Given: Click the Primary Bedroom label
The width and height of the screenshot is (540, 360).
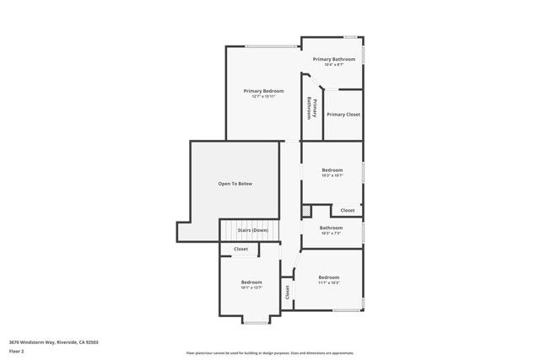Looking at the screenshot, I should pyautogui.click(x=263, y=90).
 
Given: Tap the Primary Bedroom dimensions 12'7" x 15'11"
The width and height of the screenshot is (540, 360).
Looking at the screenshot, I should pyautogui.click(x=263, y=97).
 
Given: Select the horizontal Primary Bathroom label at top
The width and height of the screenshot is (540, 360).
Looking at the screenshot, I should pyautogui.click(x=333, y=59).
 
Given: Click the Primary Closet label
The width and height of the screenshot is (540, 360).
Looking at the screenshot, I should pyautogui.click(x=343, y=115).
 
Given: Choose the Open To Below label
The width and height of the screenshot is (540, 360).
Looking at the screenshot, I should pyautogui.click(x=235, y=184).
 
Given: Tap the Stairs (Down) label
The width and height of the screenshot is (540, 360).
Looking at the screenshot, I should pyautogui.click(x=252, y=230).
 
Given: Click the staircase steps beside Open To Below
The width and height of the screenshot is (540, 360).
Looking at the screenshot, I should pyautogui.click(x=237, y=230).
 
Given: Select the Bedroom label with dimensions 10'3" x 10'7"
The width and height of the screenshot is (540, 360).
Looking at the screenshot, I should pyautogui.click(x=332, y=170).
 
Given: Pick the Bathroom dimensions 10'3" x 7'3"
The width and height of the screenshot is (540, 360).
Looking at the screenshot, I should pyautogui.click(x=331, y=234).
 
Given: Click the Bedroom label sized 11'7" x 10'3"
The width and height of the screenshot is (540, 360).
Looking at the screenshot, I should pyautogui.click(x=328, y=277).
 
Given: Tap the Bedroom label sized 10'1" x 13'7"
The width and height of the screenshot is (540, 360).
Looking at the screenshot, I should pyautogui.click(x=251, y=282).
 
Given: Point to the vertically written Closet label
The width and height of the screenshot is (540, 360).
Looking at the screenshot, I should pyautogui.click(x=288, y=293).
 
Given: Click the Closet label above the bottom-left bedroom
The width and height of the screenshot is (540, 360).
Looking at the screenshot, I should pyautogui.click(x=241, y=250).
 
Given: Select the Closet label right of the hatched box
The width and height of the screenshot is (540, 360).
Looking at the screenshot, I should pyautogui.click(x=348, y=210).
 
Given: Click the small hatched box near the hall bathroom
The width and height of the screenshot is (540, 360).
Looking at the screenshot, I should pyautogui.click(x=306, y=210).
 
